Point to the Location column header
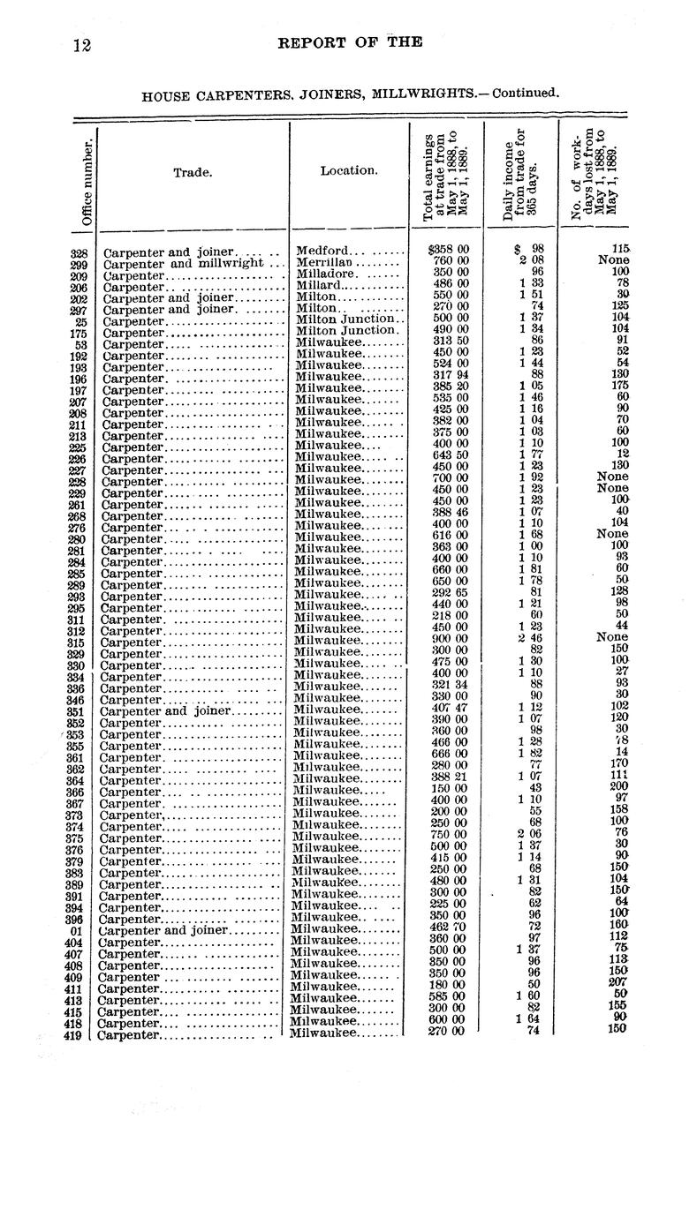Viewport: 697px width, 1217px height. coord(348,169)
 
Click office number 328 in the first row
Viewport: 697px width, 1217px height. coord(80,252)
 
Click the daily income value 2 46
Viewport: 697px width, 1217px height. coord(528,639)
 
